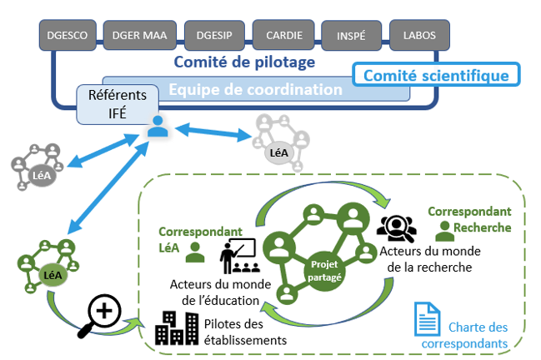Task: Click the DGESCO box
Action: pos(68,35)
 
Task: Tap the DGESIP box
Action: pos(210,35)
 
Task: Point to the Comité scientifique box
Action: pos(436,75)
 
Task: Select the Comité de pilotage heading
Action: pos(243,62)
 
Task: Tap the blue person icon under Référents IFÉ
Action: pos(157,127)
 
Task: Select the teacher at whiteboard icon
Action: pos(237,256)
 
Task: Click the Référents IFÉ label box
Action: pos(117,103)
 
